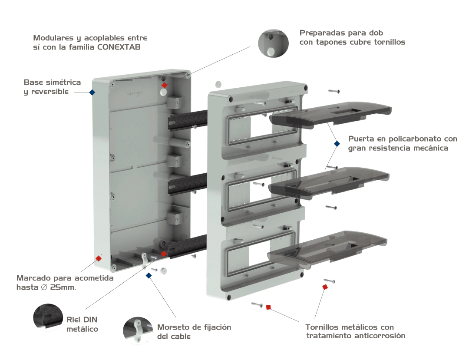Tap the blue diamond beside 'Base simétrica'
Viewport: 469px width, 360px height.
92,92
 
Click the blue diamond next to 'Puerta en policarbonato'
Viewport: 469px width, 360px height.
337,143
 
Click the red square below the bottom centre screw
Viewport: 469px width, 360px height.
268,307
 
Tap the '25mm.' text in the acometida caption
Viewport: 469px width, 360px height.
63,287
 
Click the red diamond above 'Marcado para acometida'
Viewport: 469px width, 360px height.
99,258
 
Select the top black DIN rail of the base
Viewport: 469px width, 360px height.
187,119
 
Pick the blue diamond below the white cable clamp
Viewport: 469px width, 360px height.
149,275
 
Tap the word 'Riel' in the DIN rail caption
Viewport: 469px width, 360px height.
75,319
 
